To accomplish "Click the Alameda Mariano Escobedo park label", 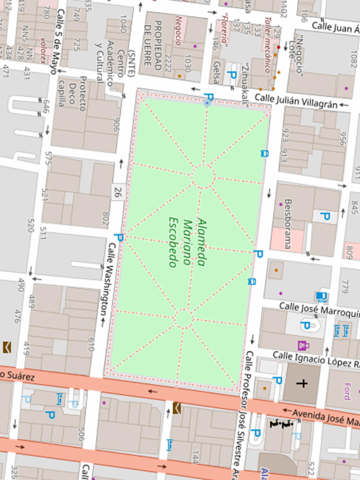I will coord(187,242).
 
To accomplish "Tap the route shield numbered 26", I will coord(118,191).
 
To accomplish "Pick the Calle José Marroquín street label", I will coord(319,309).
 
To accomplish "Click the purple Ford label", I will coord(347,391).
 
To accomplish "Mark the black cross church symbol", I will coord(302,383).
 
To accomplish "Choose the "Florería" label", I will coord(224,31).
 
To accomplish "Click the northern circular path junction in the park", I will coord(203,177).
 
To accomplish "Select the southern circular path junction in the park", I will coord(184,319).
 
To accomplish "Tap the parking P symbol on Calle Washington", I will coord(118,238).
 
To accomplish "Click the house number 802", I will coord(105,219).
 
